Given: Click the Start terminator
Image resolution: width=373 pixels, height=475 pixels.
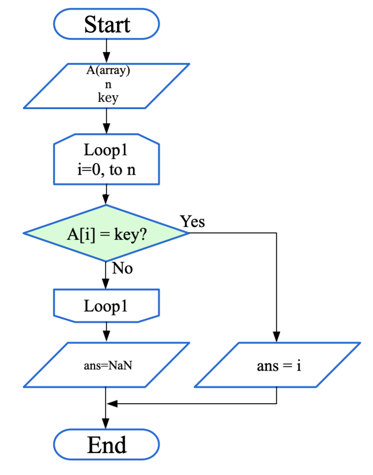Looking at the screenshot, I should point(106,24).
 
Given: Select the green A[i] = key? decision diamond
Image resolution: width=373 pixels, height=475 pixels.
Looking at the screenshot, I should point(106,234).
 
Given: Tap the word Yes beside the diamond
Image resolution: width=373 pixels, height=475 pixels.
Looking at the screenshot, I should point(193,221).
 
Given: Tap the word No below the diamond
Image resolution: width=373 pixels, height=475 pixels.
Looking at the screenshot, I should point(122,268).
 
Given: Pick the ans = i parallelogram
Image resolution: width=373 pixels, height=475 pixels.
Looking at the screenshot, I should point(278,365).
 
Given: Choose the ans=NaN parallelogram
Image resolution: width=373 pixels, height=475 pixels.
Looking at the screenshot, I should point(106,365).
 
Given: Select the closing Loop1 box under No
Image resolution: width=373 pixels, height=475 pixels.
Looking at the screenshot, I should point(106,307).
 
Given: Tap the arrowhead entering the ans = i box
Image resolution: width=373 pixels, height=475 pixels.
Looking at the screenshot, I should point(276,338).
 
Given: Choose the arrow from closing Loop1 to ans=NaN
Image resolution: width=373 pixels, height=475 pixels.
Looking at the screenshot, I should point(106,332).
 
